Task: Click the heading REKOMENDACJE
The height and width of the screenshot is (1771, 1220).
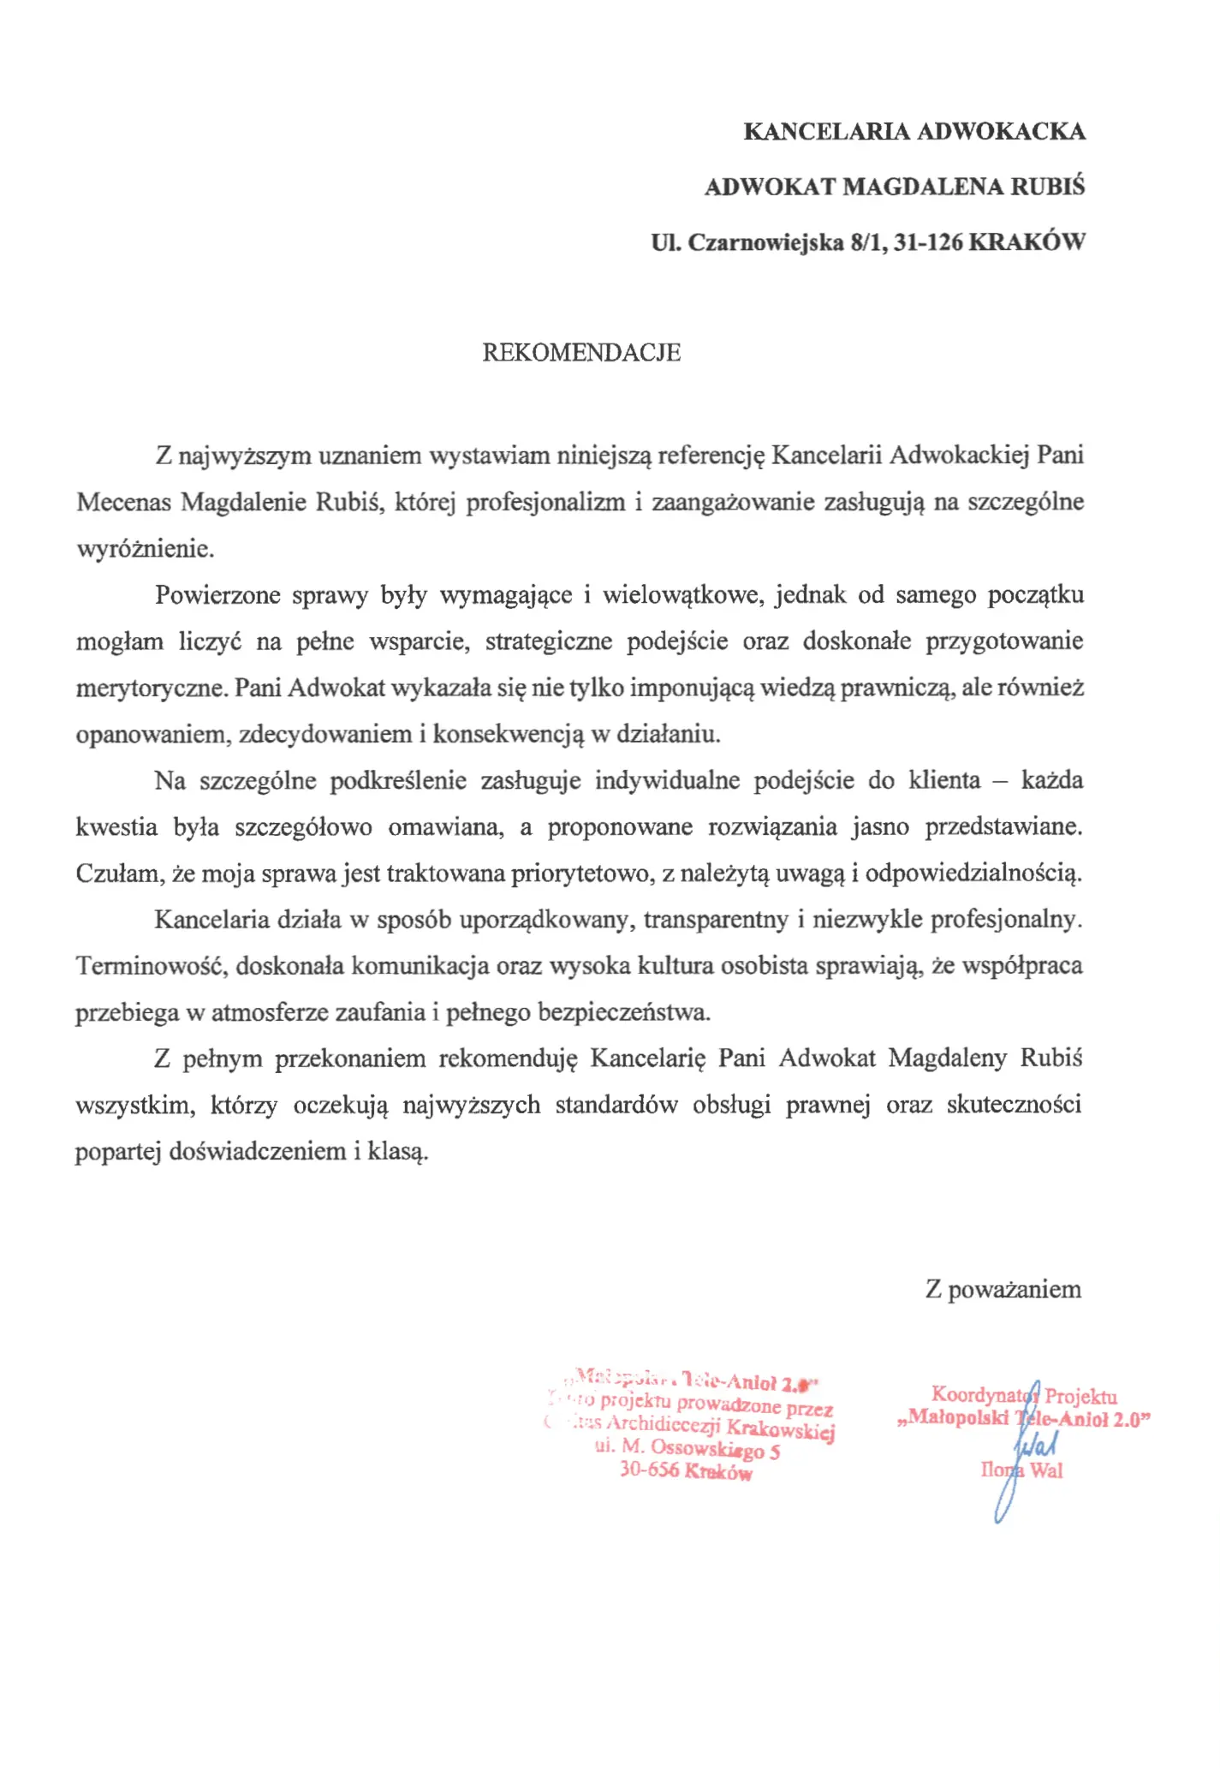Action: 581,353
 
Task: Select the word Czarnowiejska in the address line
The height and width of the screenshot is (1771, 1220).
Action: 766,242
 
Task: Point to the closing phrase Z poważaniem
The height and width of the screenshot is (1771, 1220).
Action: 1003,1289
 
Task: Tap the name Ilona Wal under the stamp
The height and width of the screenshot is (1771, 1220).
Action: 1021,1470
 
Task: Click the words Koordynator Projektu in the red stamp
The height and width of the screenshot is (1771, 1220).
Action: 1024,1395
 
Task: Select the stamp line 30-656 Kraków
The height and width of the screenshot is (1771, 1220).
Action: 686,1471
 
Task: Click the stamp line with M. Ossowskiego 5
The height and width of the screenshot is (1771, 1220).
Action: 687,1449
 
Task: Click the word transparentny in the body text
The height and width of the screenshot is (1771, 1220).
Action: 716,920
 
